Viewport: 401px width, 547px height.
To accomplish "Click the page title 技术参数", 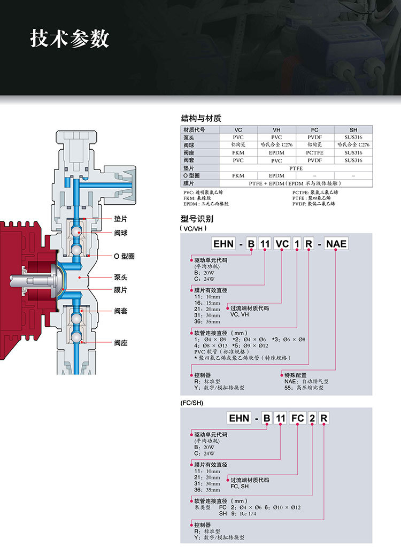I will pyautogui.click(x=70, y=38).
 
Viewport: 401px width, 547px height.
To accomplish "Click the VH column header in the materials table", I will pyautogui.click(x=276, y=130).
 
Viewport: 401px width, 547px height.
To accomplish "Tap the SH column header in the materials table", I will pyautogui.click(x=353, y=130).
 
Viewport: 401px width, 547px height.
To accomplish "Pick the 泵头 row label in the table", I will pyautogui.click(x=190, y=137).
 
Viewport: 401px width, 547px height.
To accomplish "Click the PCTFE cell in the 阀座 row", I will pyautogui.click(x=315, y=152).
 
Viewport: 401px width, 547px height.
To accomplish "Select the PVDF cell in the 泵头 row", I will pyautogui.click(x=315, y=137).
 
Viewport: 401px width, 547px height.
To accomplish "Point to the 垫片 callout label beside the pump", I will pyautogui.click(x=121, y=219).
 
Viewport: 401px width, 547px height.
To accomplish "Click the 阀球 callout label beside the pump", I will pyautogui.click(x=121, y=233).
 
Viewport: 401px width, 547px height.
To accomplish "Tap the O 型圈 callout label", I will pyautogui.click(x=124, y=256).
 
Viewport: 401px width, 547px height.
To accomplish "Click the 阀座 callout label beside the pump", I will pyautogui.click(x=121, y=343).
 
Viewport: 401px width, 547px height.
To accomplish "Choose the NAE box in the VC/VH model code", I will pyautogui.click(x=336, y=244).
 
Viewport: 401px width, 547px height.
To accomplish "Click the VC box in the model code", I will pyautogui.click(x=282, y=244).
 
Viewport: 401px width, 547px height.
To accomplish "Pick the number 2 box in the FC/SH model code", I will pyautogui.click(x=312, y=418).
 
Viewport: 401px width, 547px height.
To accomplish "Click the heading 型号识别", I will pyautogui.click(x=197, y=219).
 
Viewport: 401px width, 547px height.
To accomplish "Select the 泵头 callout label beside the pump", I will pyautogui.click(x=121, y=278).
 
